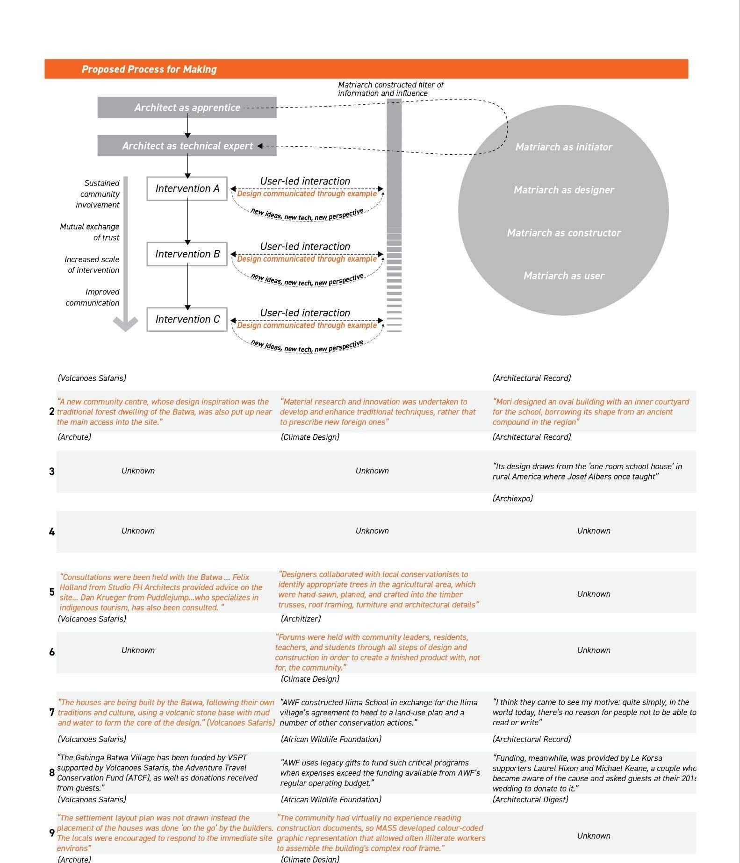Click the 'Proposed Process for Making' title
(149, 69)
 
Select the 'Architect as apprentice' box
(187, 107)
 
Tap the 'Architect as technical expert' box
(187, 146)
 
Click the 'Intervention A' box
(187, 188)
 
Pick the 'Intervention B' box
(187, 254)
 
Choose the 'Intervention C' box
(187, 319)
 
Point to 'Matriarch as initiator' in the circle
(564, 147)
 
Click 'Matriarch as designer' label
(564, 190)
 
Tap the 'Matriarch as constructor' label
(564, 233)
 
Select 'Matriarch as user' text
(564, 276)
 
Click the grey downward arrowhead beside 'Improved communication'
(126, 323)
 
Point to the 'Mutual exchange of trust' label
(90, 232)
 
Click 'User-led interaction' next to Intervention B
(305, 246)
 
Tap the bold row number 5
(52, 592)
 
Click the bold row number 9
(52, 833)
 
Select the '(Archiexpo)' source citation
(512, 499)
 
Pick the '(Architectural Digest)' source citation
(530, 799)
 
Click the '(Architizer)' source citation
(301, 619)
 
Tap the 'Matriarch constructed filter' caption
(390, 89)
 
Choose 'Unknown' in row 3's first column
(138, 471)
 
